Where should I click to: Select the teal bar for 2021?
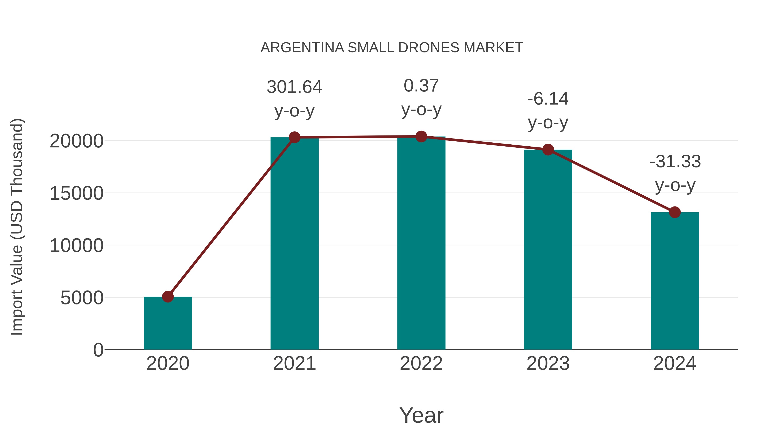point(294,243)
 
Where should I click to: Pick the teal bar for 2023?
point(548,250)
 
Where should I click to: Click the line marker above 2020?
point(168,296)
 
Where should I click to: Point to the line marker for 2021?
point(294,137)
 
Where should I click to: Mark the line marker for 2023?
point(548,150)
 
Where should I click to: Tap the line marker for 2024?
point(675,212)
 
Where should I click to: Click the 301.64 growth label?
point(294,87)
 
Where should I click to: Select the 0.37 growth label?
point(421,86)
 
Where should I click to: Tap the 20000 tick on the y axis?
point(76,141)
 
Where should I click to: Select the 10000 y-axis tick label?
point(76,246)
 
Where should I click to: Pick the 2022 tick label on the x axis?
point(421,363)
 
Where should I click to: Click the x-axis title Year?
point(421,415)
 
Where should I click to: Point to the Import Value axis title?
point(17,227)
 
